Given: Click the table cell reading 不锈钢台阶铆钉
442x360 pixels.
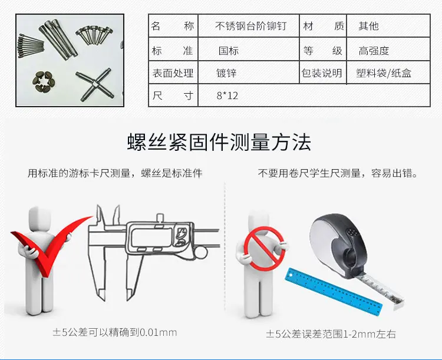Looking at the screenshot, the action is click(x=250, y=26).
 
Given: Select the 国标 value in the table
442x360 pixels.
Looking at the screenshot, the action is click(x=229, y=51).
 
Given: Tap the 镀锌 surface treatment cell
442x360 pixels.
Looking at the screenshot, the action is click(x=226, y=73).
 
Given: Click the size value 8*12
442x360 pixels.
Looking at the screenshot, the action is click(x=227, y=95).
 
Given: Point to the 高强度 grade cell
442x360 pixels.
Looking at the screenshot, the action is click(x=374, y=51).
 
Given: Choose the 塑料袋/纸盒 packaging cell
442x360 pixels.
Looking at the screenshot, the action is click(x=384, y=73).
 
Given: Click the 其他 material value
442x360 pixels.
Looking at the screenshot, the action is click(x=368, y=26).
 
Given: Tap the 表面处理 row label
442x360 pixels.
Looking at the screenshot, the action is click(x=173, y=73).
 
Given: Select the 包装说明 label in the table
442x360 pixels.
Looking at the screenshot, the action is click(x=322, y=73).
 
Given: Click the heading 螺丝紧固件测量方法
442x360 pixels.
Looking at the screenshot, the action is click(x=219, y=143).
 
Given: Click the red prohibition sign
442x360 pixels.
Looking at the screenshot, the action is click(x=265, y=249).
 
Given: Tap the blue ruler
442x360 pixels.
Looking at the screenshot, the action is click(x=334, y=289).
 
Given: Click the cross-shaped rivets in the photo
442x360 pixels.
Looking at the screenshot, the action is click(x=95, y=84).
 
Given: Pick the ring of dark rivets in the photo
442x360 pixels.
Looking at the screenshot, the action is click(x=44, y=82).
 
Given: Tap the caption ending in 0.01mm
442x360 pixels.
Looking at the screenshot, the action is click(x=115, y=332).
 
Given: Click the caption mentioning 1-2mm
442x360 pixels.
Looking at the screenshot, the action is click(x=331, y=334).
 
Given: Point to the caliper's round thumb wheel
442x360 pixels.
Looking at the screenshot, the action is click(x=201, y=253).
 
